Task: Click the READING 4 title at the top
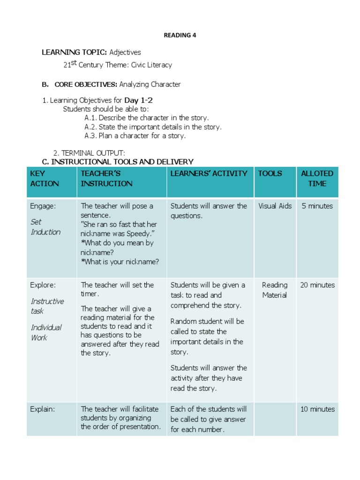coord(177,35)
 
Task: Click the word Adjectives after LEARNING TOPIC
coord(125,52)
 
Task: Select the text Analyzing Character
coord(150,84)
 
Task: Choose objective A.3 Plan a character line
coord(135,135)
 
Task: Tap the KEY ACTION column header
coord(45,179)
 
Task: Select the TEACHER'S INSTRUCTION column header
coord(106,179)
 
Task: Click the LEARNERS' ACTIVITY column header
coord(209,173)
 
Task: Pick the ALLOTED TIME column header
coord(317,179)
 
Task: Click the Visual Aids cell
coord(275,206)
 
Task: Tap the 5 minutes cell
coord(317,206)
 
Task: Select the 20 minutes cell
coord(317,285)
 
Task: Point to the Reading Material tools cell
coord(275,290)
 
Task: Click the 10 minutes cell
coord(317,409)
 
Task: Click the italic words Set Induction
coord(45,227)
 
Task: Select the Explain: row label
coord(42,409)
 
